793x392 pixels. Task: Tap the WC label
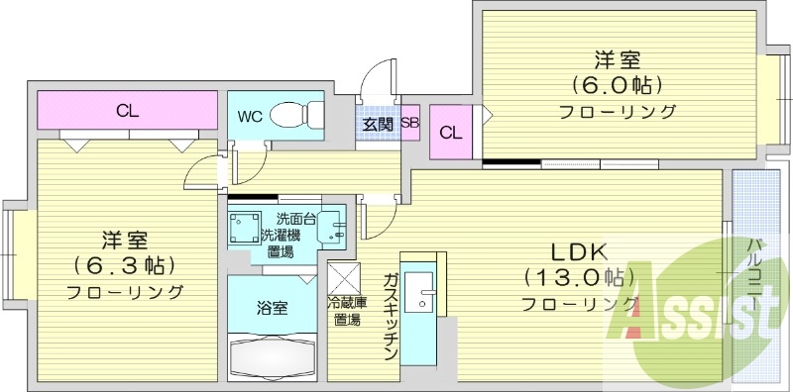click(x=249, y=116)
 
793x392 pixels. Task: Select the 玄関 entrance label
click(x=377, y=125)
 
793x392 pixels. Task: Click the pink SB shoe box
click(x=409, y=124)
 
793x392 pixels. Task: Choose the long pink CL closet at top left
click(x=127, y=110)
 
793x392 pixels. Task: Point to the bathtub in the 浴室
click(x=272, y=353)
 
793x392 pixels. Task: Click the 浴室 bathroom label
click(x=273, y=308)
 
